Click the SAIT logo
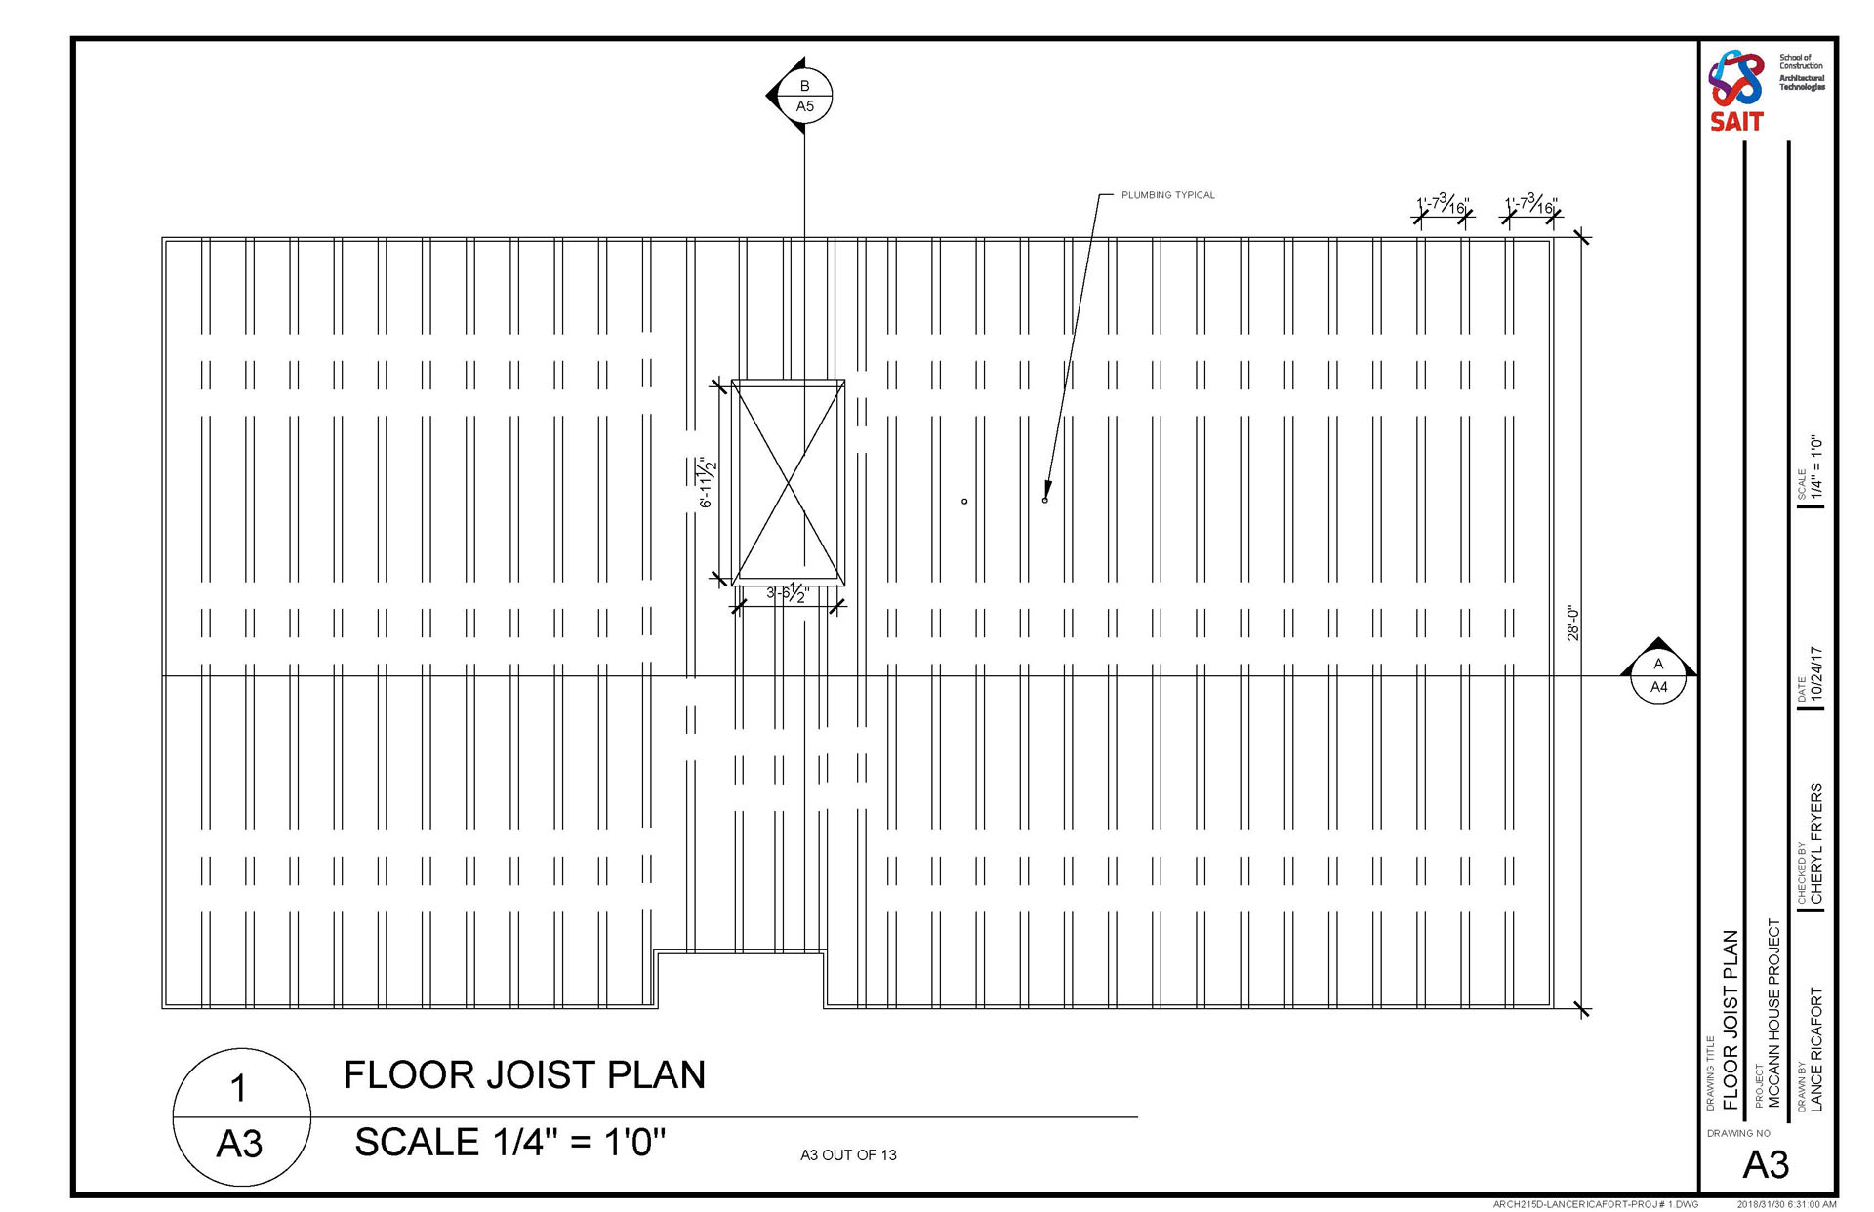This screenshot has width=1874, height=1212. (1736, 90)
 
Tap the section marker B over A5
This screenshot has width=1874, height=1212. (804, 96)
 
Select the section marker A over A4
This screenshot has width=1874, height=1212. (1658, 674)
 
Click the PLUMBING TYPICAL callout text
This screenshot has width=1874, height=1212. (1167, 195)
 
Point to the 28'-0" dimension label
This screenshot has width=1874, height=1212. (1572, 624)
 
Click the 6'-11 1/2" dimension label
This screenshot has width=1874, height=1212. (707, 482)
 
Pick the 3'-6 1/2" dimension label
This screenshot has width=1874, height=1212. (787, 593)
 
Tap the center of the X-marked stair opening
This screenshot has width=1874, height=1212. (788, 482)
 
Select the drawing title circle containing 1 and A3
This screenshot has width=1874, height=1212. (241, 1117)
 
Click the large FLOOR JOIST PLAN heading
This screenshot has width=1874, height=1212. (524, 1074)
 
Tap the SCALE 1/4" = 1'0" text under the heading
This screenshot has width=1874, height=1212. (509, 1142)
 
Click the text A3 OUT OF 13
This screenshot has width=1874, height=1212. (848, 1155)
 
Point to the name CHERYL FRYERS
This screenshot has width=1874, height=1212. (1815, 843)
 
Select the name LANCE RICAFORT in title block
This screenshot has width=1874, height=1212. (1815, 1049)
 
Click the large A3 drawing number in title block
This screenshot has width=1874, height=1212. (1766, 1165)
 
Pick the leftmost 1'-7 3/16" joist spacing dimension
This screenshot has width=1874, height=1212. (1443, 206)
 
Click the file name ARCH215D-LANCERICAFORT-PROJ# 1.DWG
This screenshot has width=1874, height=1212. (1595, 1205)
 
